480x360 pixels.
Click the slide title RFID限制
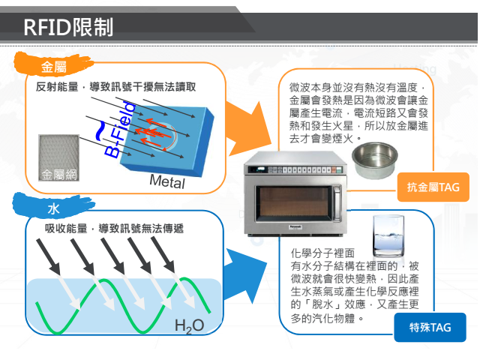(68, 27)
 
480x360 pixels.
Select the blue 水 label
(52, 208)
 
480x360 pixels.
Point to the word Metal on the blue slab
(166, 181)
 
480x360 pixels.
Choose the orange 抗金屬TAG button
(433, 186)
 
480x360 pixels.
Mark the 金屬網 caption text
(59, 175)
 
